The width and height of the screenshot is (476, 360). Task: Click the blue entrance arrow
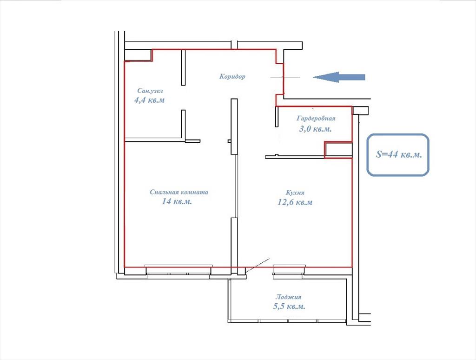pos(339,77)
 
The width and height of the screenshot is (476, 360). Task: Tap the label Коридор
pos(232,76)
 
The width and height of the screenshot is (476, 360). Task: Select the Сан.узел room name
pos(150,91)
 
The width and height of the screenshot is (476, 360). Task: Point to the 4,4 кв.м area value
pos(149,100)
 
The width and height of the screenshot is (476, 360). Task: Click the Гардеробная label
pos(316,118)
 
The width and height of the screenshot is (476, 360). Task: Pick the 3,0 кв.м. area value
pos(316,129)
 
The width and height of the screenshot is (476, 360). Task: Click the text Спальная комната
pos(179,192)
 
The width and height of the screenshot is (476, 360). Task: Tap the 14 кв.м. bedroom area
pos(177,201)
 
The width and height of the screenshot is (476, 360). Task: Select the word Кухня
pos(295,193)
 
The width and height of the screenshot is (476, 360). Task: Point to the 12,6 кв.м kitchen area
pos(294,202)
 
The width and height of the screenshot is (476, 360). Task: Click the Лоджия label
pos(288,297)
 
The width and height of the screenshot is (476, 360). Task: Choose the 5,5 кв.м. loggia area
pos(289,306)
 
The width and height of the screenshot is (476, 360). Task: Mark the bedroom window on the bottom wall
pos(178,270)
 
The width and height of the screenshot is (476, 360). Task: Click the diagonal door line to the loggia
pos(258,266)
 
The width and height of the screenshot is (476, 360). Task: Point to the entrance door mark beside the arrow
pos(285,77)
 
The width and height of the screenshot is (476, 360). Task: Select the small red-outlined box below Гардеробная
pos(338,149)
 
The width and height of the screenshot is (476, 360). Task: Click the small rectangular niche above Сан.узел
pos(139,55)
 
